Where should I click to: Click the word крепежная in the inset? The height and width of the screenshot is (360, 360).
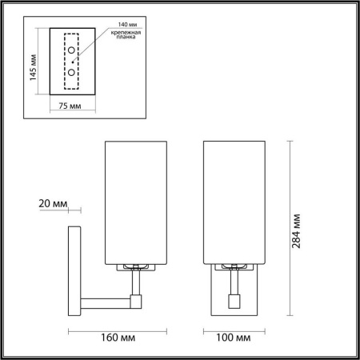tap(121, 33)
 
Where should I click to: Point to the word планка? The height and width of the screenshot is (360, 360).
tap(121, 38)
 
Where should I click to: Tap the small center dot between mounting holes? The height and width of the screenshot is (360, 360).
tap(74, 61)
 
